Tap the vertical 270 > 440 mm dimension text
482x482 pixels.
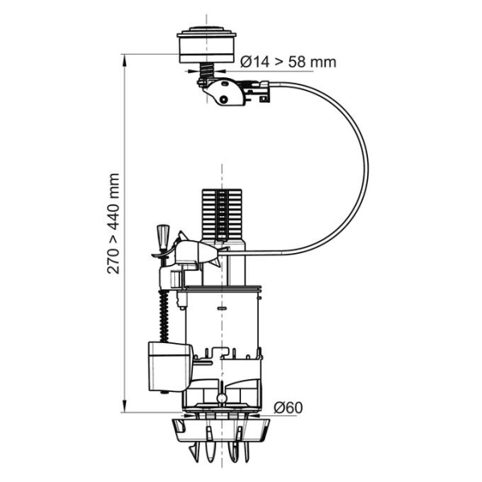[114, 223]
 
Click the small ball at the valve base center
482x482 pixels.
[220, 398]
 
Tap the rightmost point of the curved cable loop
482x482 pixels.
[367, 165]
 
